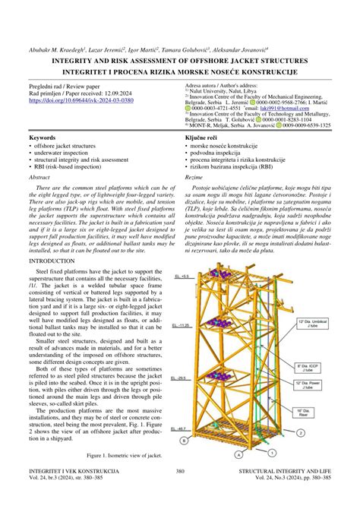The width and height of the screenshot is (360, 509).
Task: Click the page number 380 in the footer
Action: pos(180,492)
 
